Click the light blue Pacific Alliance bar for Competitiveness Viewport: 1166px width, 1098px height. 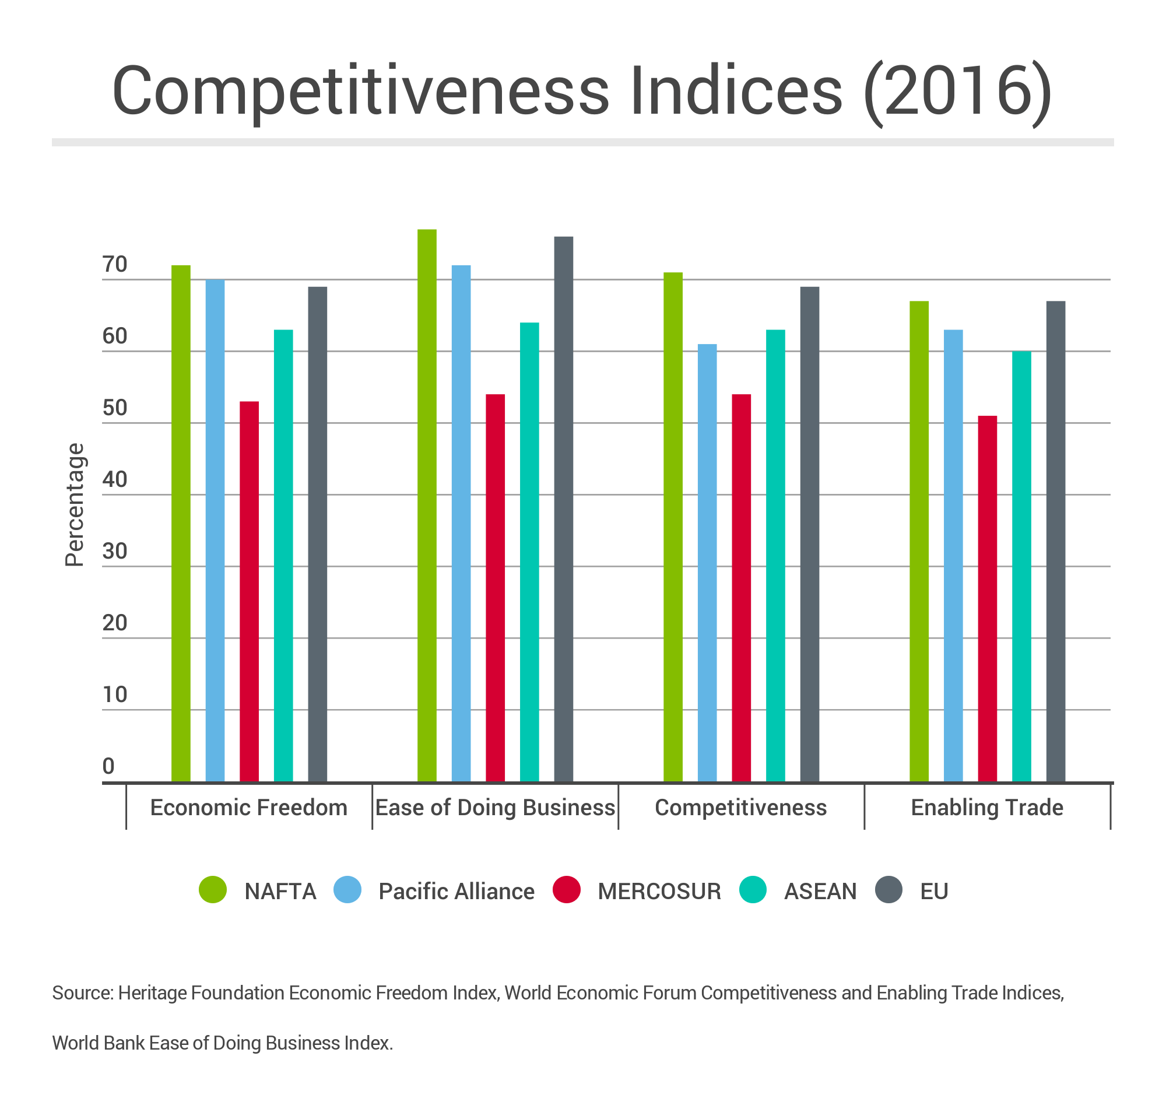pyautogui.click(x=707, y=563)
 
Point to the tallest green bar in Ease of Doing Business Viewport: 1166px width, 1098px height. pyautogui.click(x=426, y=505)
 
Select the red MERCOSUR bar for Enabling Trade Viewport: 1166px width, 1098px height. pyautogui.click(x=987, y=598)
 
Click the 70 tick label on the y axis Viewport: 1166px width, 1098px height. pyautogui.click(x=114, y=265)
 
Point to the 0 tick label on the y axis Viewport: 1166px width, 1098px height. pyautogui.click(x=108, y=766)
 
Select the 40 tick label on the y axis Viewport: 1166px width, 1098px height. pyautogui.click(x=114, y=479)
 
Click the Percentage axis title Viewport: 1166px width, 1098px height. pyautogui.click(x=75, y=505)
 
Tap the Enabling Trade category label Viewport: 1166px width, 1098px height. pyautogui.click(x=986, y=808)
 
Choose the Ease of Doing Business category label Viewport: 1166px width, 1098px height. pyautogui.click(x=495, y=808)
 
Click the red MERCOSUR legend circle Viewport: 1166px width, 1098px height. pyautogui.click(x=566, y=890)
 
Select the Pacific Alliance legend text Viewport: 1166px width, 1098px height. pyautogui.click(x=456, y=892)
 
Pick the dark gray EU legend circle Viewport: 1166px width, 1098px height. pyautogui.click(x=888, y=890)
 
